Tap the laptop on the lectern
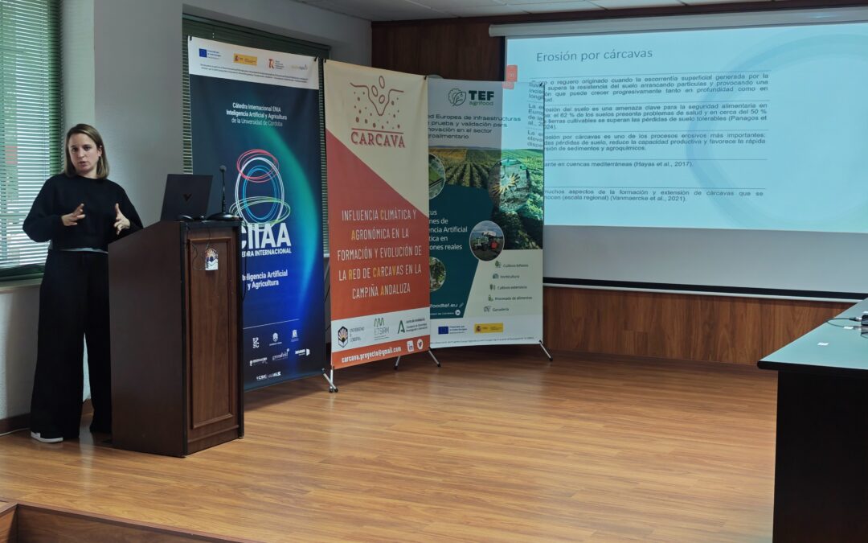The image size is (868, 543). coord(186,197)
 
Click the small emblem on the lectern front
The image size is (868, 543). coord(211,259)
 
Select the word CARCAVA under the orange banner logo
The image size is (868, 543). coord(377,138)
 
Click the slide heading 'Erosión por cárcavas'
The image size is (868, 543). coord(594,55)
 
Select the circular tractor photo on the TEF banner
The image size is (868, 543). coord(486,240)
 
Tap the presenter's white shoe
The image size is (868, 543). coord(46,437)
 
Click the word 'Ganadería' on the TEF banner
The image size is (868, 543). coord(500,308)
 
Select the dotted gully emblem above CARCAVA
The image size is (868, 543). coord(377,101)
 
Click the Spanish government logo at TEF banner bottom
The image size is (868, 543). coord(488,327)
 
